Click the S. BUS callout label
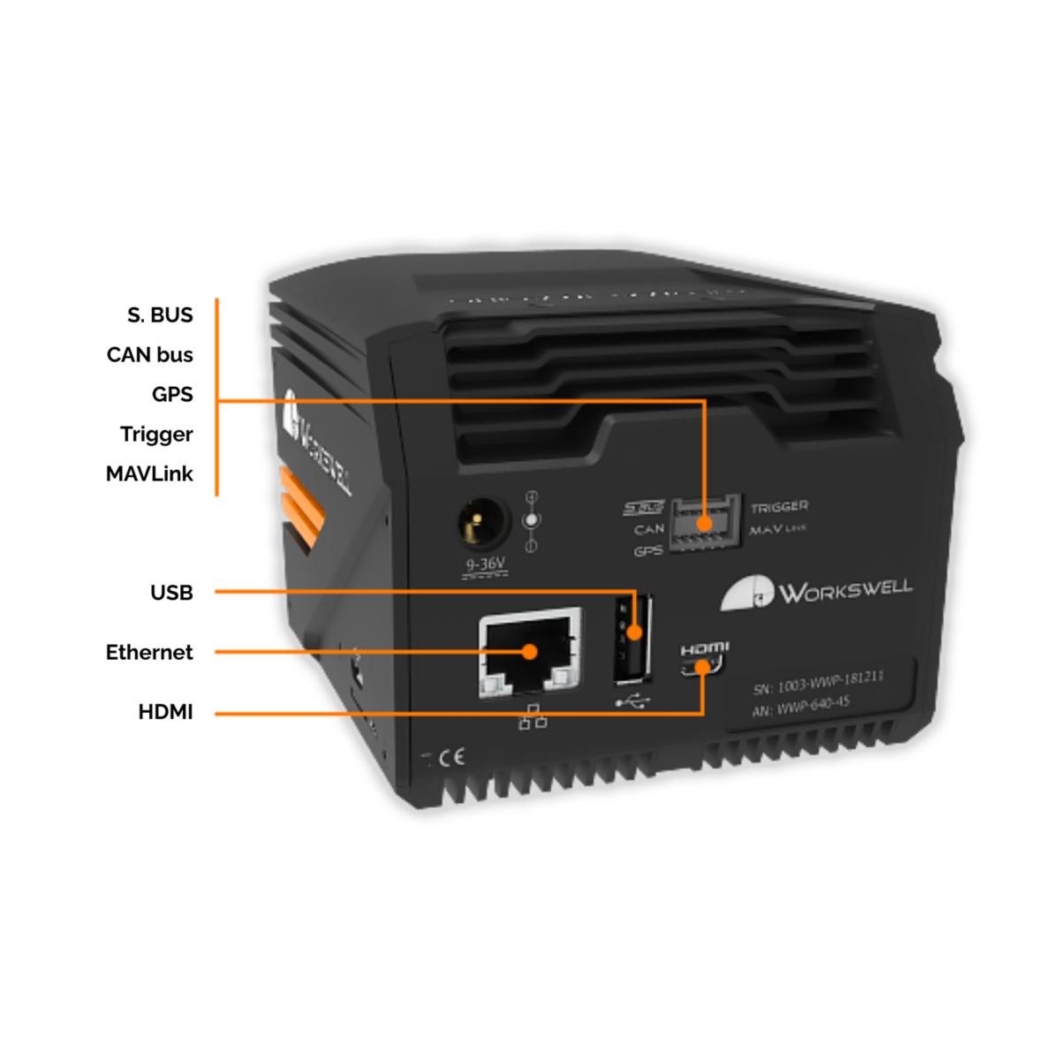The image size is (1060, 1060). pos(160,315)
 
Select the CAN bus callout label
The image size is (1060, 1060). pos(150,355)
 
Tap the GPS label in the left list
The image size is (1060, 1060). pos(172,395)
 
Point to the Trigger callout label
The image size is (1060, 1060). pos(156,435)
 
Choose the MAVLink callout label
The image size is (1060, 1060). pos(149,474)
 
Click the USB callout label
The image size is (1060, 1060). pos(171,593)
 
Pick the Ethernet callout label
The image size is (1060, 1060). pos(149,653)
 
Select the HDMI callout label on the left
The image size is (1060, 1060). pos(165,712)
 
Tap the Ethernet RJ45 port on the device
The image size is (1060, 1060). pos(529,654)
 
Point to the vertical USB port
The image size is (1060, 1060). pos(633,639)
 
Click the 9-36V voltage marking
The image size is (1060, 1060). pos(484,564)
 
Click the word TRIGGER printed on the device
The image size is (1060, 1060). pos(779,507)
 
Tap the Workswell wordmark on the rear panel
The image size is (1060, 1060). pos(844,590)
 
